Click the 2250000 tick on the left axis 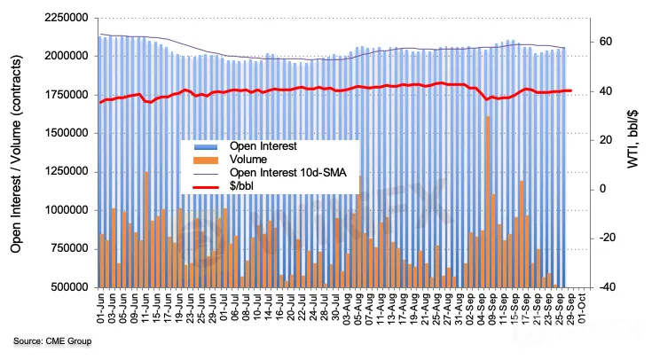tap(64, 17)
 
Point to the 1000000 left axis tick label tap(64, 210)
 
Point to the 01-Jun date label tap(100, 309)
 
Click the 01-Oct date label tap(581, 309)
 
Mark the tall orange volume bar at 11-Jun tap(146, 230)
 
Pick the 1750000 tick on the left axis tap(64, 94)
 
